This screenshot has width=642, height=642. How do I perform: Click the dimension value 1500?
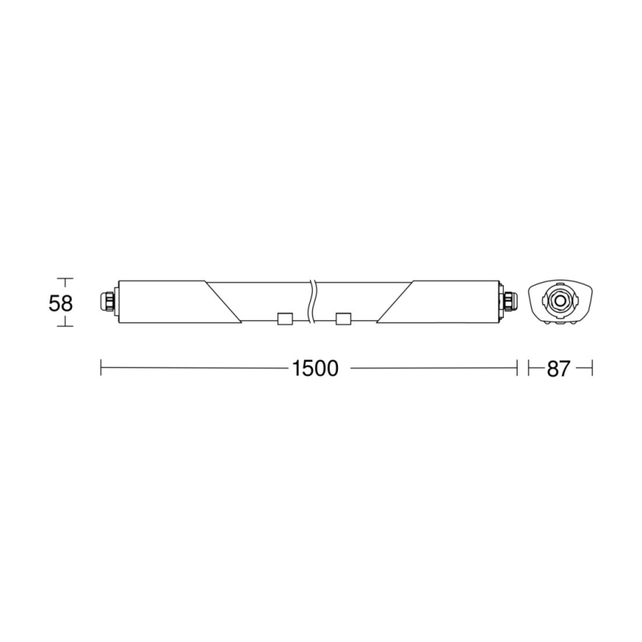(314, 368)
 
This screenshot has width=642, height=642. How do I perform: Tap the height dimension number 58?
(61, 303)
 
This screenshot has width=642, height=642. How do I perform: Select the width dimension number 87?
(559, 368)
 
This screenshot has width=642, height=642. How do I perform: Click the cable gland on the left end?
(108, 301)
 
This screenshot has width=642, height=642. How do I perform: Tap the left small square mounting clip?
(284, 320)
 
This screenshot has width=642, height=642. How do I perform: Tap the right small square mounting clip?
(342, 320)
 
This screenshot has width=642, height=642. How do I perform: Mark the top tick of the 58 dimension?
(66, 280)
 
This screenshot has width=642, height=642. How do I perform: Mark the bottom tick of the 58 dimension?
(66, 325)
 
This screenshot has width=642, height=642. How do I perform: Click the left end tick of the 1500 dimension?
(101, 368)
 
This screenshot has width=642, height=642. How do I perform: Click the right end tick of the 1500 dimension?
(516, 368)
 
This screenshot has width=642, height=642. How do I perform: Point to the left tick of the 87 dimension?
(529, 368)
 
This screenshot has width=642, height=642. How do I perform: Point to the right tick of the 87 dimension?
(592, 368)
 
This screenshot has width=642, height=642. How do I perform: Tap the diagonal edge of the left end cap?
(224, 302)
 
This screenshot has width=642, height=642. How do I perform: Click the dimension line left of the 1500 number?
(192, 368)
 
